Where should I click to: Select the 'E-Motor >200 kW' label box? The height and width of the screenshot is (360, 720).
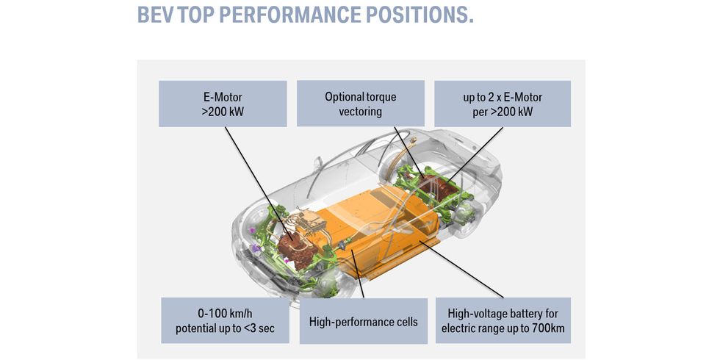(223, 104)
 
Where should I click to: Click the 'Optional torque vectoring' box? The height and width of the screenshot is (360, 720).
(361, 104)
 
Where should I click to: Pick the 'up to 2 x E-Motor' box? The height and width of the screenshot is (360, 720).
(503, 104)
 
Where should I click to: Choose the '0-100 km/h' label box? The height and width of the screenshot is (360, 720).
(225, 320)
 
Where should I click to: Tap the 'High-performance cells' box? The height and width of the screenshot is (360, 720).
(364, 321)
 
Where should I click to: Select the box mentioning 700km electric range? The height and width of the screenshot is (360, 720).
(503, 320)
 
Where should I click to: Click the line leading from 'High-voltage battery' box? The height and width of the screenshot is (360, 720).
(461, 269)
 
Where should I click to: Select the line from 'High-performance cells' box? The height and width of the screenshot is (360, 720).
(357, 273)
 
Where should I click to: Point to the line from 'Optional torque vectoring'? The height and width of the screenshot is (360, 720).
(408, 152)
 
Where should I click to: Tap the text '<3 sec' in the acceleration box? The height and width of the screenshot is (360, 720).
(259, 329)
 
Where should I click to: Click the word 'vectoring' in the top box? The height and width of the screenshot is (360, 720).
(361, 112)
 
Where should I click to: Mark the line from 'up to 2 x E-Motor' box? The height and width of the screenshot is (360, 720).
(475, 154)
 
